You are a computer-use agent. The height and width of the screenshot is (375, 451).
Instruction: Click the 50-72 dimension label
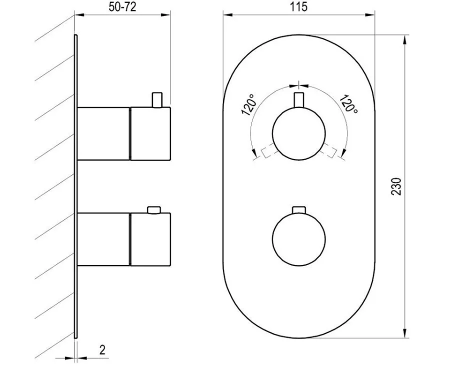pyautogui.click(x=122, y=7)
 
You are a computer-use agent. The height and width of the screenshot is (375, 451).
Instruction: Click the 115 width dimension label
pyautogui.click(x=298, y=7)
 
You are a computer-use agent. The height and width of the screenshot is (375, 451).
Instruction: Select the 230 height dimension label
pyautogui.click(x=396, y=186)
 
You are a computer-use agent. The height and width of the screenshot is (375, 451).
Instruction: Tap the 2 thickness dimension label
pyautogui.click(x=102, y=350)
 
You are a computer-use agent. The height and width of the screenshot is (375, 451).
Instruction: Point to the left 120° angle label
pyautogui.click(x=248, y=104)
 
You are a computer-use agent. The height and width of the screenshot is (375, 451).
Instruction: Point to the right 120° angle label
pyautogui.click(x=349, y=104)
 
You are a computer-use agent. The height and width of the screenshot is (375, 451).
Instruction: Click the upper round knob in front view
pyautogui.click(x=299, y=133)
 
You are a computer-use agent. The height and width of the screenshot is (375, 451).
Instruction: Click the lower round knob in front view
pyautogui.click(x=299, y=239)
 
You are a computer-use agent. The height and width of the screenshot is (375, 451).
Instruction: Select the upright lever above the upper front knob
pyautogui.click(x=299, y=100)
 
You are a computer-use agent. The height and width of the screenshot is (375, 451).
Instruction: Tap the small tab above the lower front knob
pyautogui.click(x=299, y=210)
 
